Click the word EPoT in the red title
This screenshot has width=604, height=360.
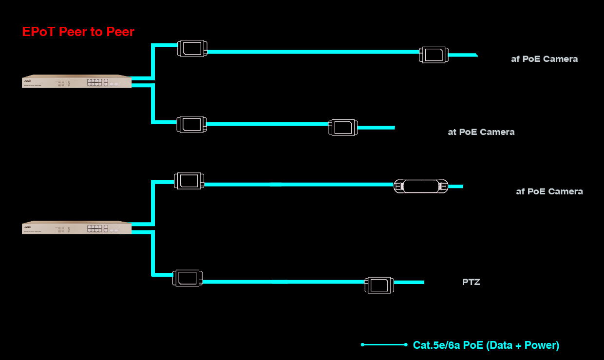pos(39,32)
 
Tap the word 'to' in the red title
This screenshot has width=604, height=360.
pos(96,32)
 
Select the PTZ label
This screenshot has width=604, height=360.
pos(471,282)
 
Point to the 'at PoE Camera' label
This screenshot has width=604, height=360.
pos(481,132)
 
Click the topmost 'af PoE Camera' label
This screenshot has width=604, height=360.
pos(545,59)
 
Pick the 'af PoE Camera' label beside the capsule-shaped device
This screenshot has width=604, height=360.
pos(549,191)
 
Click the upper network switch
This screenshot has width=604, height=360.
pos(77,81)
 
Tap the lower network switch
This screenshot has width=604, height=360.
pos(77,227)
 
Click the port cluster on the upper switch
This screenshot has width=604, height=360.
pos(97,82)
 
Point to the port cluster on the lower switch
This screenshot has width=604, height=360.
pos(97,228)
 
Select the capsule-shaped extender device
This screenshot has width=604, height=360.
pos(421,186)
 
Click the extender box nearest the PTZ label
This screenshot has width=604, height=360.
pos(379,285)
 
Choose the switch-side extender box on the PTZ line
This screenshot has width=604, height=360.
pos(188,278)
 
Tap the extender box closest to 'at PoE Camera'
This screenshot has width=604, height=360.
pos(343,127)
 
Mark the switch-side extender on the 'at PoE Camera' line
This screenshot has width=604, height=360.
pos(191,124)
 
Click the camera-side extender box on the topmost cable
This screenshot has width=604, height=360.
pos(434,55)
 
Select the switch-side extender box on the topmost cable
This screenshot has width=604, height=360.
pos(192,48)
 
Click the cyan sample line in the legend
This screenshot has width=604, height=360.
pos(384,344)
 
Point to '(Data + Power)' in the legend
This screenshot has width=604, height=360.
pos(523,345)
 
